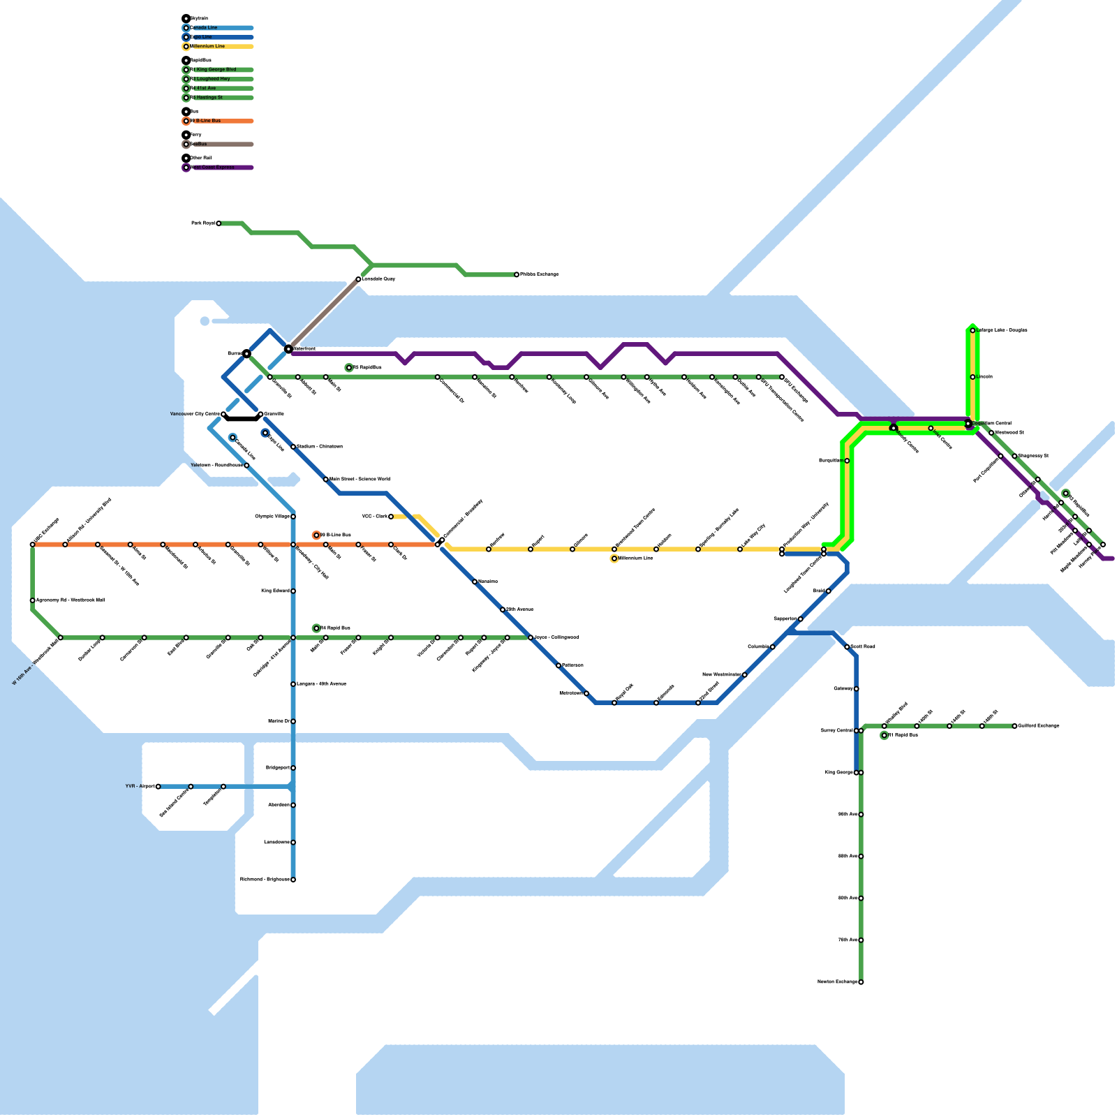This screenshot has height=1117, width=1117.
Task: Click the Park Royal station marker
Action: pos(219,223)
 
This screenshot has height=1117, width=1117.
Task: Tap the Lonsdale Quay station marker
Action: pos(358,279)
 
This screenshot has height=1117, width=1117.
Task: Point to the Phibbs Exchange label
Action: pos(540,274)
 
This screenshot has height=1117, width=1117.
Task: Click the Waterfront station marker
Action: pos(288,348)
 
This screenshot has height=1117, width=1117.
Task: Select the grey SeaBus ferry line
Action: pos(323,314)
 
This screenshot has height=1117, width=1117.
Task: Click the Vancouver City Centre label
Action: pos(195,414)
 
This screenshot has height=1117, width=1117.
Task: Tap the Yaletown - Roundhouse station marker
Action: pos(246,466)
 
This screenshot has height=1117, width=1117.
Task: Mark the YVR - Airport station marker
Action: pos(158,787)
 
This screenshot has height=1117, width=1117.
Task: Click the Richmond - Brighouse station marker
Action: pos(293,880)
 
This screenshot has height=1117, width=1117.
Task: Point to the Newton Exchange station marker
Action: pos(861,982)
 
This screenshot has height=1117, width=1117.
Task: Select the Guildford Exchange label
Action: pos(1039,726)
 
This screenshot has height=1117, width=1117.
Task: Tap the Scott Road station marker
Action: pos(847,647)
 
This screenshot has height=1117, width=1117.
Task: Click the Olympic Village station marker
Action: pos(293,517)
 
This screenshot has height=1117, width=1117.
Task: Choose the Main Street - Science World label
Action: pos(360,479)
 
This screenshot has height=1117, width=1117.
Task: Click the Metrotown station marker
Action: pos(586,693)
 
